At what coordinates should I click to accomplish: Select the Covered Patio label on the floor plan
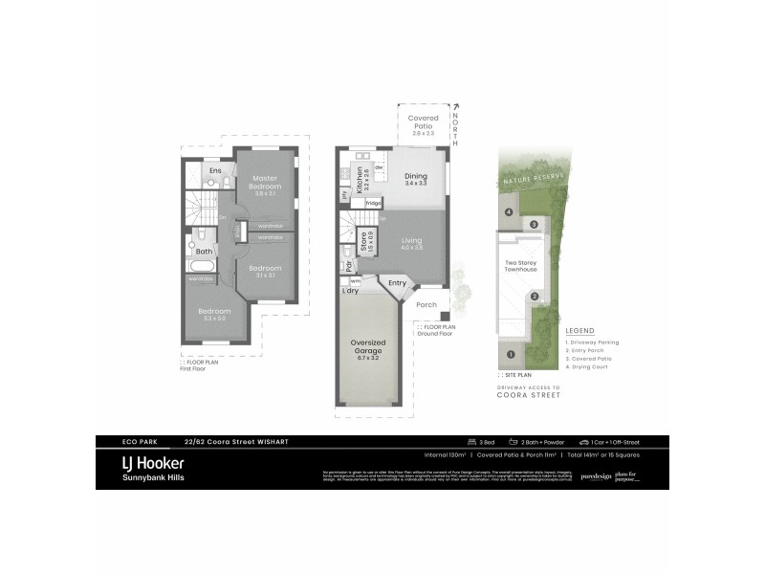point(424,122)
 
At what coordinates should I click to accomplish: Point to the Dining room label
point(416,177)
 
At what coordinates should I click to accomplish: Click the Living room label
point(412,243)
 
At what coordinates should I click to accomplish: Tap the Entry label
point(397,283)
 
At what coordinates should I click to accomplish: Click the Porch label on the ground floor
point(426,305)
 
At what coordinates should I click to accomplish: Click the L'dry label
point(350,291)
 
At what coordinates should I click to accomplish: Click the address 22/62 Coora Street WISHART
point(238,442)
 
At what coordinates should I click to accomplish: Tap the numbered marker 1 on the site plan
point(510,355)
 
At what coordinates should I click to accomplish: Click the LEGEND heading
point(580,332)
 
